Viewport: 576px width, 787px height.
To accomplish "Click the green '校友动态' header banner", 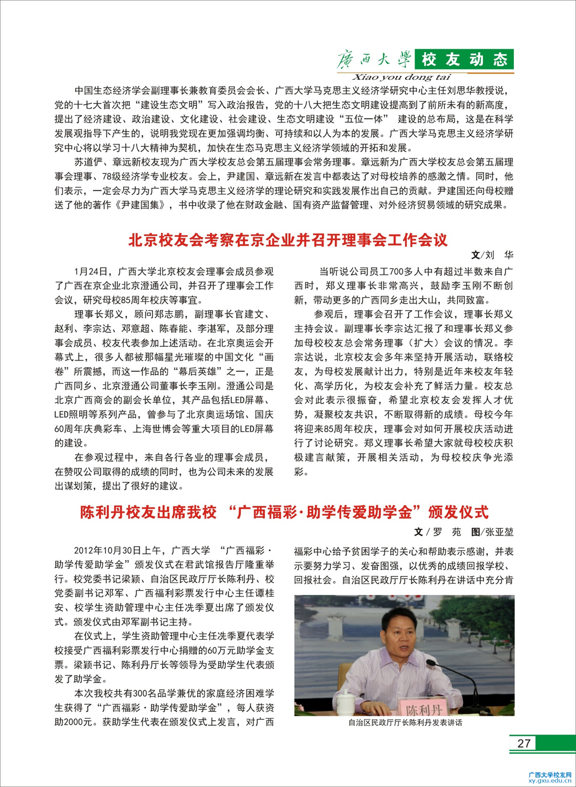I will [464, 59].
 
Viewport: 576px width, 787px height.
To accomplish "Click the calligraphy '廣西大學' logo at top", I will [374, 59].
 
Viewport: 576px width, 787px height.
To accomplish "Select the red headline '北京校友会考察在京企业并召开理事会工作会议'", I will [288, 240].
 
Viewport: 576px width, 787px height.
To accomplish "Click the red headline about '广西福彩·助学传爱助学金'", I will [284, 512].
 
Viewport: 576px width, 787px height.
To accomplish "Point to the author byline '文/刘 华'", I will [492, 255].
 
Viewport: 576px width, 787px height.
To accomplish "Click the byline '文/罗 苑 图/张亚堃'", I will [464, 532].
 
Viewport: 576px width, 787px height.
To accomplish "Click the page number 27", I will [523, 743].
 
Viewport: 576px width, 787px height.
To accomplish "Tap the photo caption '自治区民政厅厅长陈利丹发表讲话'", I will [404, 723].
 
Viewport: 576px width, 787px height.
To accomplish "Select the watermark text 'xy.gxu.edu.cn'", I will [550, 780].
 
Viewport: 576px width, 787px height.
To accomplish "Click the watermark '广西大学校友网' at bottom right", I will [550, 774].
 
